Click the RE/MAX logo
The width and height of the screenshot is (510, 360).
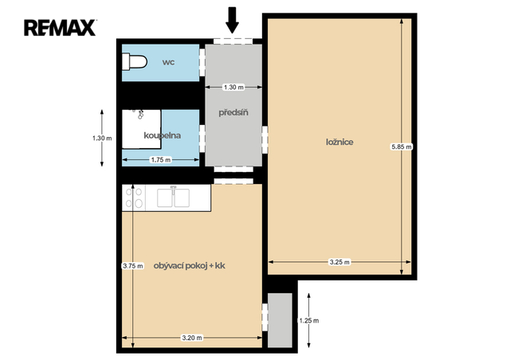tap(61, 28)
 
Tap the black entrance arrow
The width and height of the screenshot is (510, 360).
tap(232, 20)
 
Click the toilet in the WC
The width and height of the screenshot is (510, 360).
tap(135, 62)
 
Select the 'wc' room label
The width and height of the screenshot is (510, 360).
tap(168, 62)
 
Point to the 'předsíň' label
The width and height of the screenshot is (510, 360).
tap(233, 112)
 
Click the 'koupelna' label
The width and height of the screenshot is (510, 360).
tap(162, 135)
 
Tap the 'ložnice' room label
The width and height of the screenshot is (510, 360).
tap(339, 142)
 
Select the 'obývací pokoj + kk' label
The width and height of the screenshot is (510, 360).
tap(190, 266)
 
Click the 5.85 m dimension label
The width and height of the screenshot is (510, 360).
tap(402, 147)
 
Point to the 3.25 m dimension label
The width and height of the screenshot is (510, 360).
tap(339, 262)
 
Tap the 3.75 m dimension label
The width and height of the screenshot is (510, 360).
tap(133, 266)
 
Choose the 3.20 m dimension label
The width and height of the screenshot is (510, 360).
tap(192, 338)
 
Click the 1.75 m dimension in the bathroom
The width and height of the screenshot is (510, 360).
tap(161, 160)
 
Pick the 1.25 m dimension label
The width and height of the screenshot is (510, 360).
tap(308, 321)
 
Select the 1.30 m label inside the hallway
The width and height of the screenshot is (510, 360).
tap(233, 87)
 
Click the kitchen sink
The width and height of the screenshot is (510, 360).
tap(173, 197)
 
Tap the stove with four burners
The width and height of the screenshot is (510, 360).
tap(134, 198)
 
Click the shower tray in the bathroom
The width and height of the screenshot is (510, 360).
tap(142, 129)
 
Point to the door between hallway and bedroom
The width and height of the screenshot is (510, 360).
tap(265, 140)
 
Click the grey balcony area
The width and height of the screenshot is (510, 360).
tap(280, 320)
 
